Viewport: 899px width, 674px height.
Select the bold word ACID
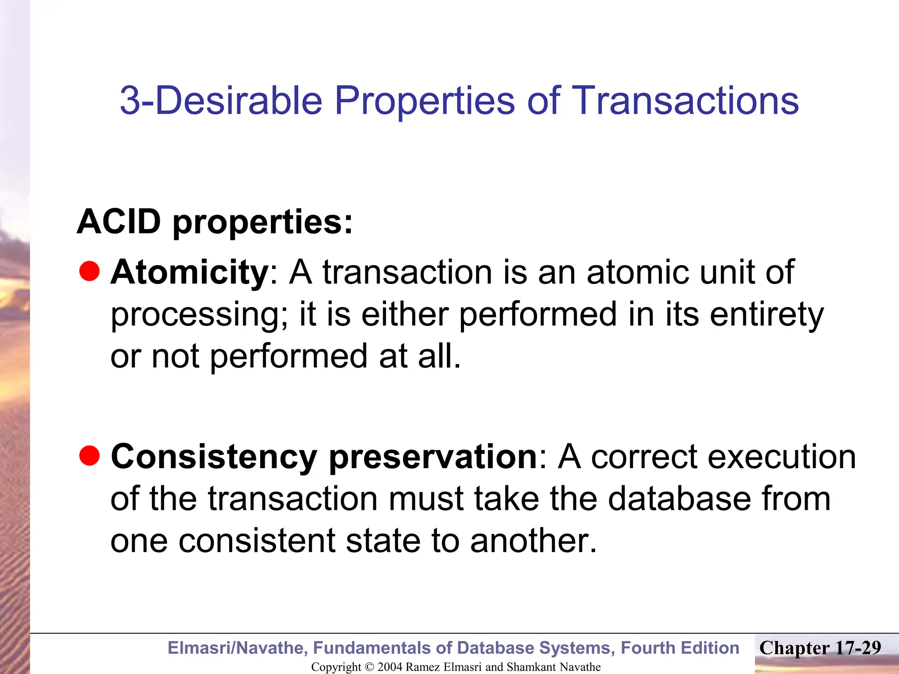[119, 222]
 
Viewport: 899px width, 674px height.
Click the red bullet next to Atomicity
[90, 271]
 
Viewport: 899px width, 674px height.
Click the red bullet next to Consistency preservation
[90, 455]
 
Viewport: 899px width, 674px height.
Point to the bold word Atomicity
[189, 272]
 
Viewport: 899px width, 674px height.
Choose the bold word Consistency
[214, 457]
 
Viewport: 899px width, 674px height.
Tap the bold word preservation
[433, 457]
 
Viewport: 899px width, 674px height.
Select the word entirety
[766, 315]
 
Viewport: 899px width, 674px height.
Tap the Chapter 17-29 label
[820, 648]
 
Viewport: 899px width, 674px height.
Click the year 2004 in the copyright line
[389, 667]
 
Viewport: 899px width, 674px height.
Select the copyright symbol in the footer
[369, 667]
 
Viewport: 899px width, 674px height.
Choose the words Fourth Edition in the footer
[680, 648]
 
